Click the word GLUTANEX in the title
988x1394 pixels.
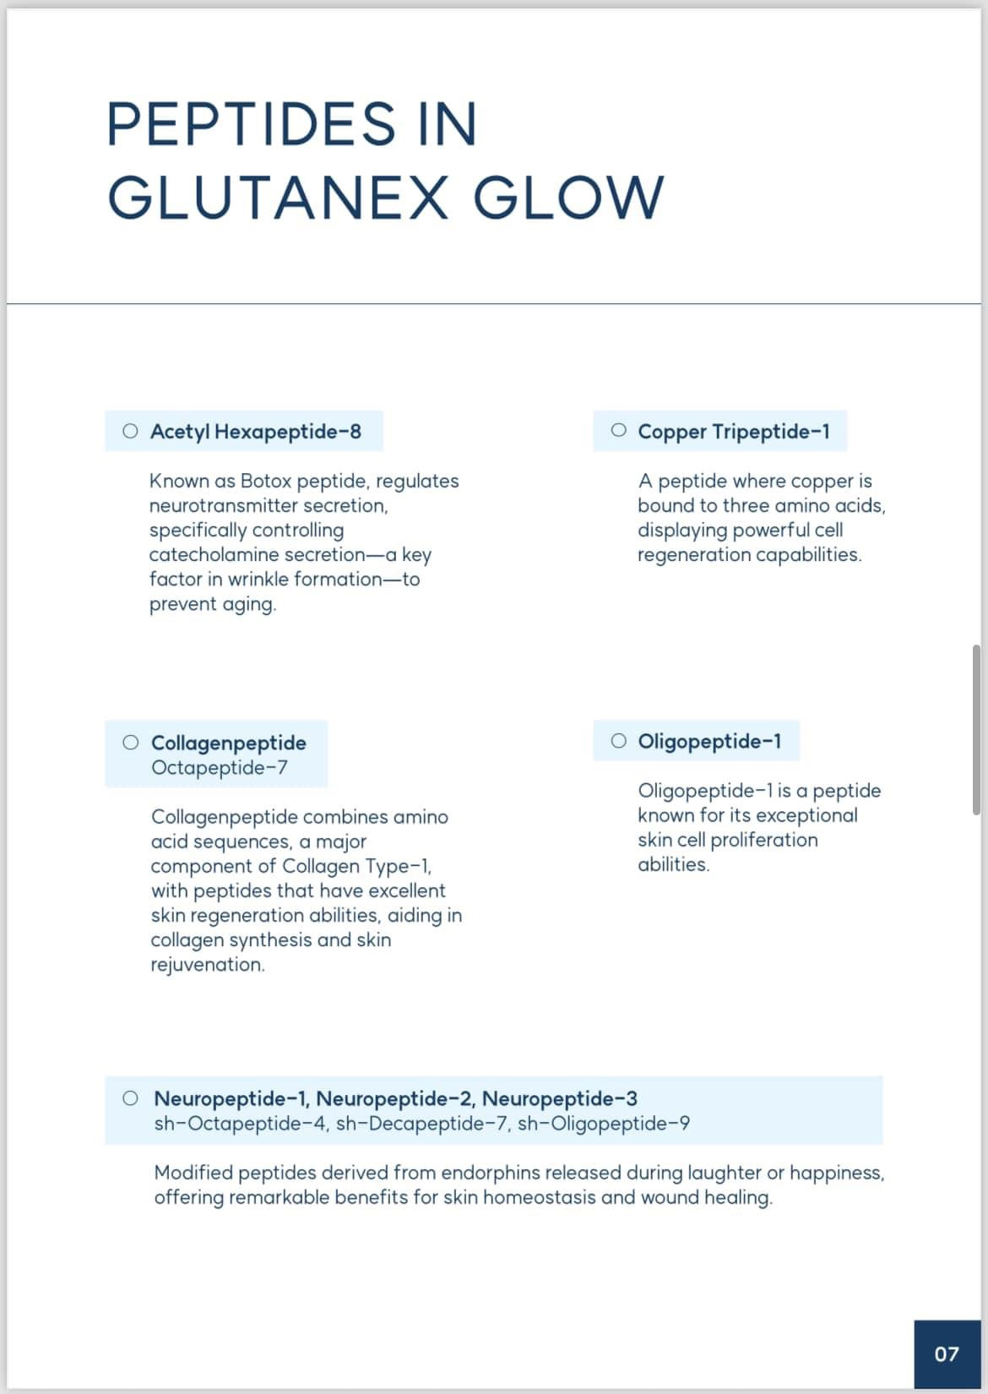tap(278, 197)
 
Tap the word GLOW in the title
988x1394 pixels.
tap(568, 197)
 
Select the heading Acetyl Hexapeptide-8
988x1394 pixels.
tap(256, 432)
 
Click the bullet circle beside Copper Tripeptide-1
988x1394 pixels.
tap(619, 431)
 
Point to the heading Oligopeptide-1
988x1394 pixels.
tap(709, 741)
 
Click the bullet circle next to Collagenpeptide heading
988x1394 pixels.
tap(130, 743)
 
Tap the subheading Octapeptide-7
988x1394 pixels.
tap(220, 767)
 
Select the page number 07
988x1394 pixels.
tap(947, 1354)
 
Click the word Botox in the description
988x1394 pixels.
tap(266, 481)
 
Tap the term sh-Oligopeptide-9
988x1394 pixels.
tap(603, 1124)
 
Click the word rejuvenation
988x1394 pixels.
tap(207, 965)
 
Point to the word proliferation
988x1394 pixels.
tap(764, 840)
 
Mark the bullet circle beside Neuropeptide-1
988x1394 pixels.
tap(130, 1098)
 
